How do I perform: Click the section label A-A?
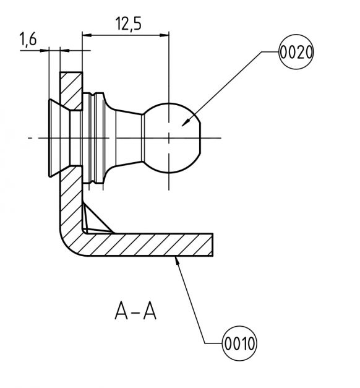tap(135, 310)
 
